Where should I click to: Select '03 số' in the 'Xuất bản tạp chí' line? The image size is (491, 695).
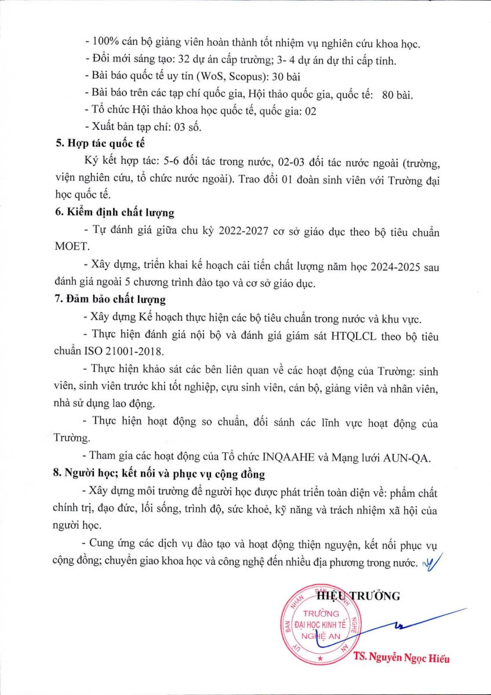tap(186, 126)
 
